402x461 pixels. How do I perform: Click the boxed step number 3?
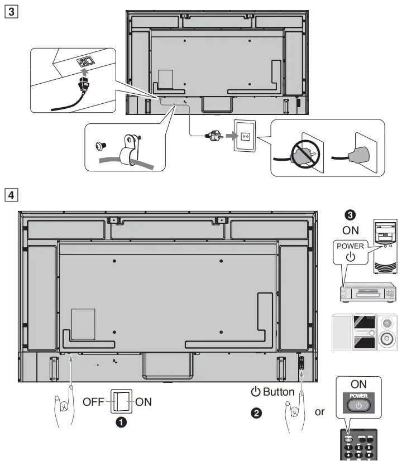coord(10,11)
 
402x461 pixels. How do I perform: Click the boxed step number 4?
coord(10,195)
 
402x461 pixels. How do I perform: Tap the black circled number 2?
coord(255,413)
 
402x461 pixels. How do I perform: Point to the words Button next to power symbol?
coord(278,392)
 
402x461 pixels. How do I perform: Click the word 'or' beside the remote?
coord(320,412)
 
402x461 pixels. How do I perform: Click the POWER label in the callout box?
coord(351,246)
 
